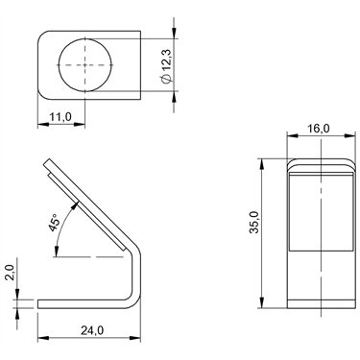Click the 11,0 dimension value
60,117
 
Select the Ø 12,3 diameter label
167,65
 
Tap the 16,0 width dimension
319,128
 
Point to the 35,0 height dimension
254,223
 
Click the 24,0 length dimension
92,330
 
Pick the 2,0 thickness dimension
10,273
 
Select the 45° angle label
54,223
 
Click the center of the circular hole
85,65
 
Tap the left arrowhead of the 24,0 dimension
43,338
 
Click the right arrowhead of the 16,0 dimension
350,135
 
